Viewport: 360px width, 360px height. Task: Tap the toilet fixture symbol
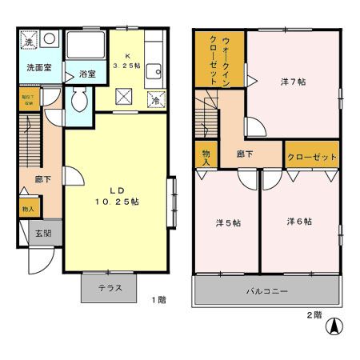coord(79,101)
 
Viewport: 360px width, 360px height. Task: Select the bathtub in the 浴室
coord(83,46)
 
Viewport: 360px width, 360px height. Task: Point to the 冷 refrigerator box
coord(155,99)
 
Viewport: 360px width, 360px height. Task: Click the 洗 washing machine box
coord(28,40)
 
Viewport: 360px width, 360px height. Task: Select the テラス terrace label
coord(110,288)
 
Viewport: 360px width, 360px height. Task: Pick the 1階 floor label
coord(159,300)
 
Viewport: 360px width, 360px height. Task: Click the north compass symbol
coord(337,326)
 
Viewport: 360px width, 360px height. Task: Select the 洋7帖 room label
coord(293,82)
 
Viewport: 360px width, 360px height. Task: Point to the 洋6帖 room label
coord(299,222)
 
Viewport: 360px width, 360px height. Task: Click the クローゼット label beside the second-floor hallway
coord(311,158)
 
